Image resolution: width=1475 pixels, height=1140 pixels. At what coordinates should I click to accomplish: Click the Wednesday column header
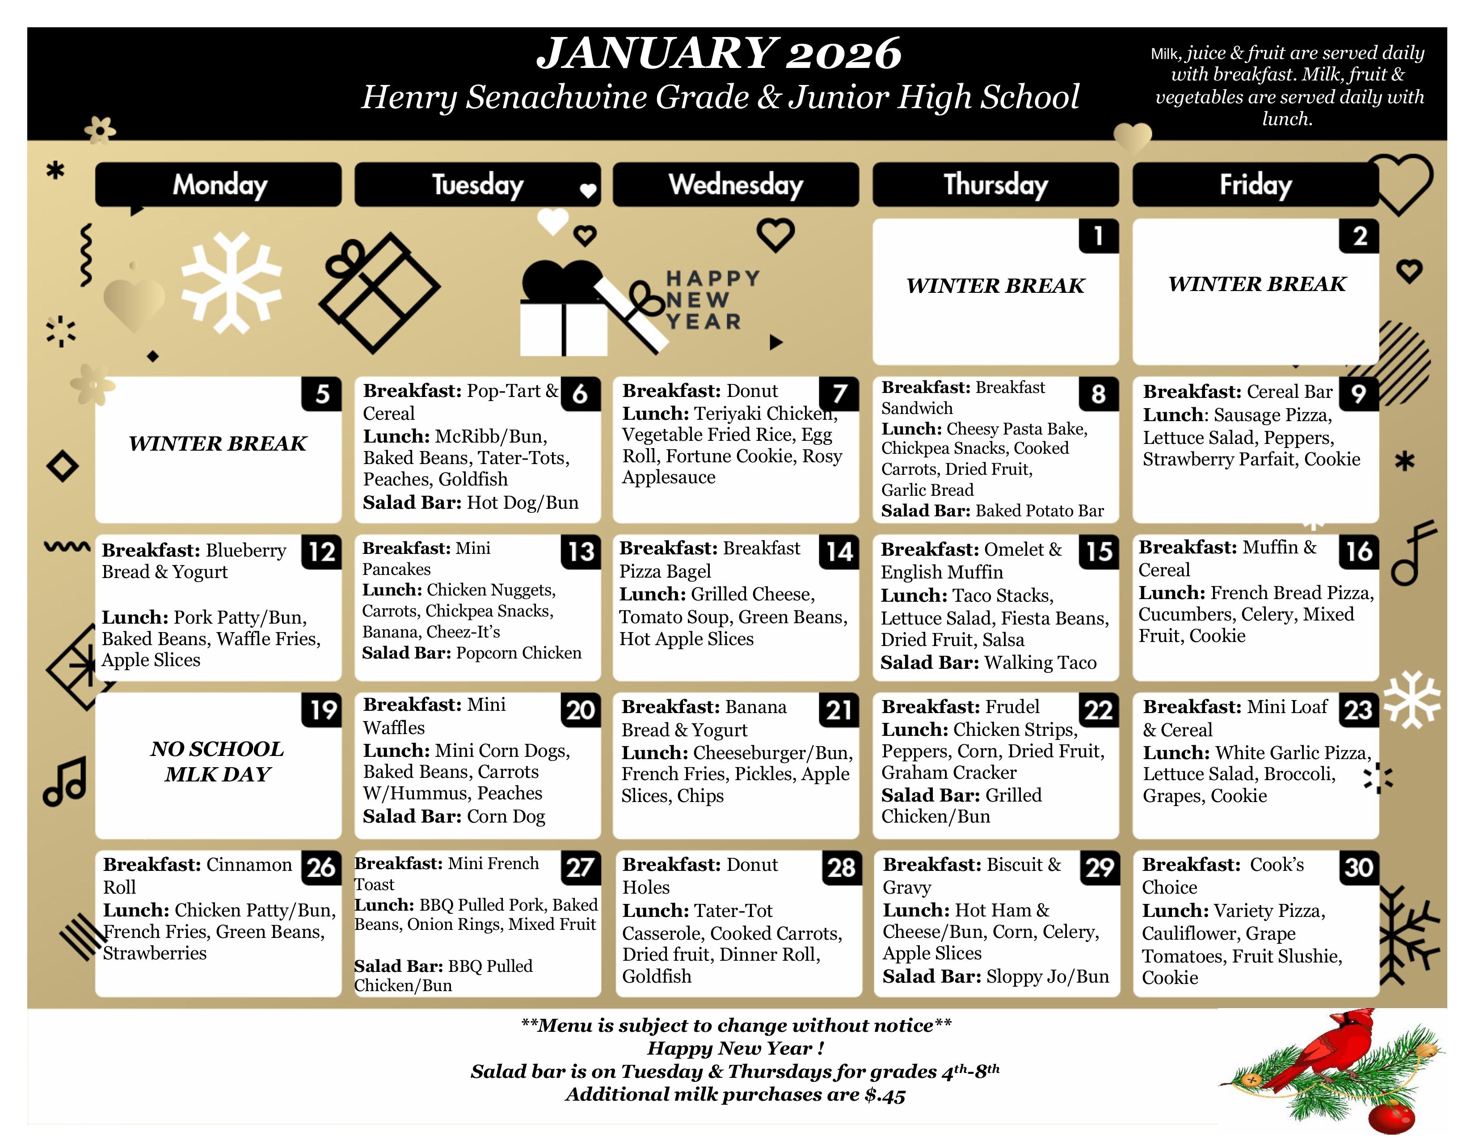pos(735,184)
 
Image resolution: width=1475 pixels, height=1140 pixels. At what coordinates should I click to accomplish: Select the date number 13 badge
pos(581,552)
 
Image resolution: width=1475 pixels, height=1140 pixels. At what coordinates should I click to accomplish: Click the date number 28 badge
pos(841,868)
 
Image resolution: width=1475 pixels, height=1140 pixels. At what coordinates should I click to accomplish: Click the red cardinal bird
pos(1334,1050)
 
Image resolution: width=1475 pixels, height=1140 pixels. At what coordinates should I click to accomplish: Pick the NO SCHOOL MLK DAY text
pos(218,761)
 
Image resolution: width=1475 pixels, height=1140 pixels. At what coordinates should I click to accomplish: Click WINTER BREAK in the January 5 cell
pos(218,444)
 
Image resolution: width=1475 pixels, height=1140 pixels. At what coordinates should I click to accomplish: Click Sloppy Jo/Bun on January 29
pos(1047,976)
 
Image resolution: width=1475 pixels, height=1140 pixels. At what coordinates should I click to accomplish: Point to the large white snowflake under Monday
pos(232,283)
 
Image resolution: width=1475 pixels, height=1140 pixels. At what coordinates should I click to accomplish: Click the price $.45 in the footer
pos(885,1095)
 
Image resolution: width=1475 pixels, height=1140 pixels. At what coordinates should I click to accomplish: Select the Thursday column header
pos(995,184)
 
